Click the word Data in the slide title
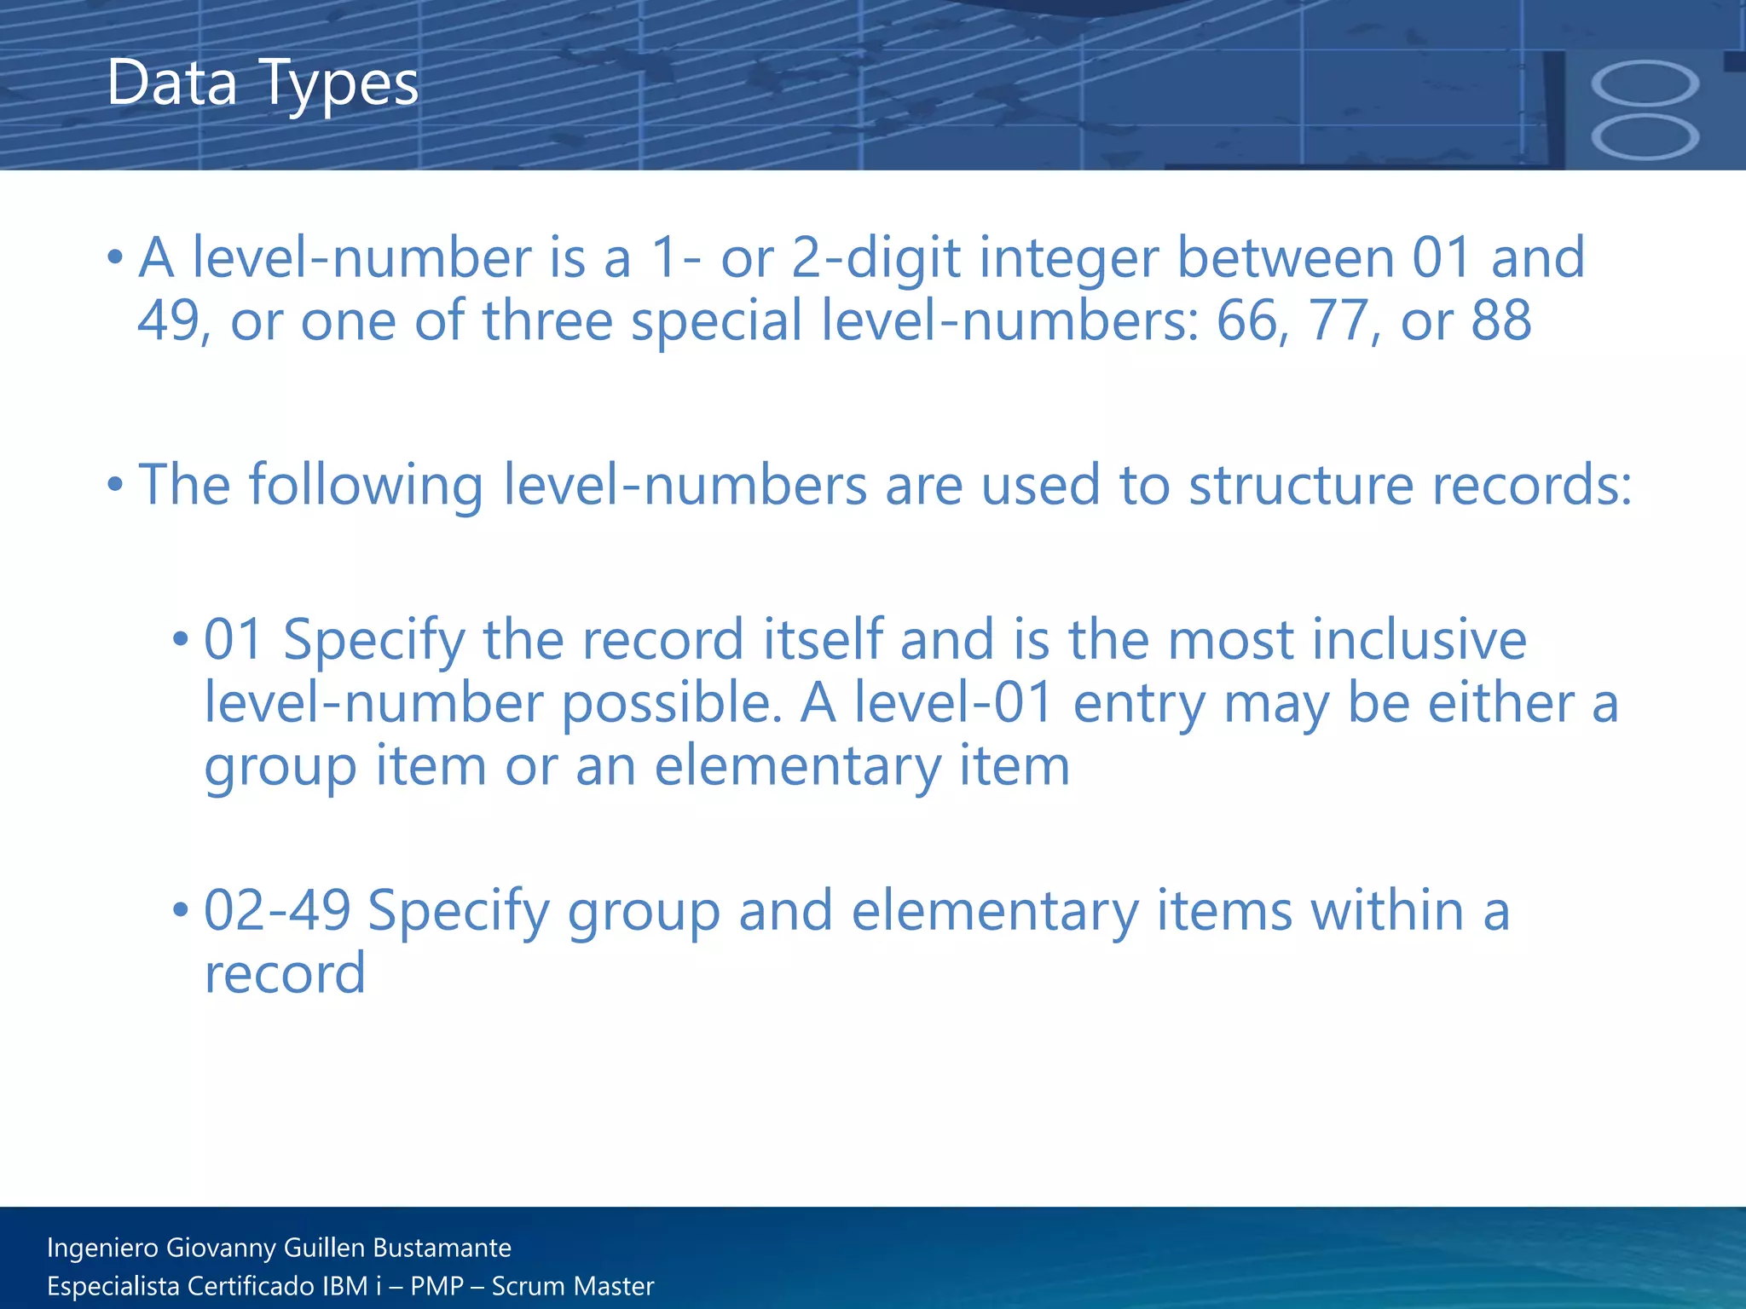pyautogui.click(x=171, y=84)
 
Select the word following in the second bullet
pyautogui.click(x=366, y=487)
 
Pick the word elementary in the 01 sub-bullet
pyautogui.click(x=796, y=767)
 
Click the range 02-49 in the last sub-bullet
pyautogui.click(x=277, y=910)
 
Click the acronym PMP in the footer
pyautogui.click(x=436, y=1286)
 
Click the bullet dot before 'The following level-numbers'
pyautogui.click(x=116, y=485)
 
